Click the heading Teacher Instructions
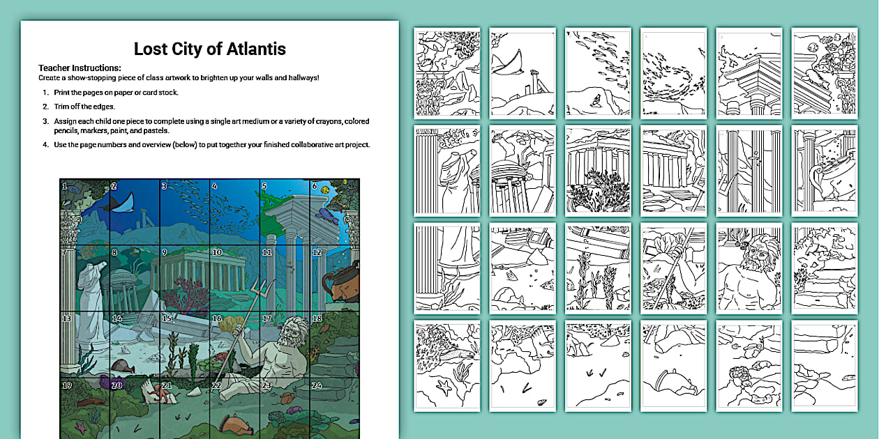[x=80, y=68]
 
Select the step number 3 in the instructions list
[x=45, y=121]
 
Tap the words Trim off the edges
[x=86, y=107]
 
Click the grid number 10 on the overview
[x=217, y=253]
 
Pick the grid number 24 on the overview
[x=317, y=385]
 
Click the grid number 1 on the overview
[x=64, y=186]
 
